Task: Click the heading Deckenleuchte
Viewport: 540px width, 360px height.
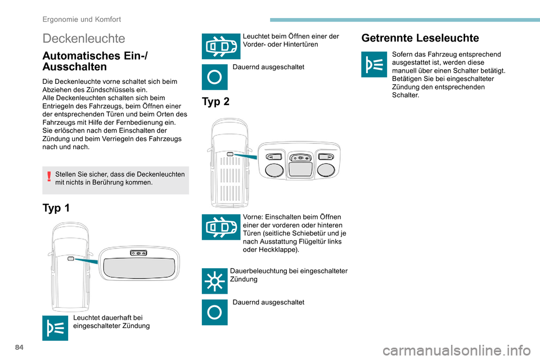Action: (84, 38)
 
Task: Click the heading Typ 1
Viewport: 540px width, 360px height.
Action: (56, 208)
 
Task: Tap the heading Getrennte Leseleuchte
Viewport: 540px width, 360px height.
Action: (420, 38)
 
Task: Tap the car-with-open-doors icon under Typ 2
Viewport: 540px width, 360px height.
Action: (214, 227)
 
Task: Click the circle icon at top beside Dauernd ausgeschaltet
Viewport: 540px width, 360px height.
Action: (214, 76)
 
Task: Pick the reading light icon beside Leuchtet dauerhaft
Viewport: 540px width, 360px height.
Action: (55, 327)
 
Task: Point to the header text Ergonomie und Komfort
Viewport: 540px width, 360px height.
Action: (82, 19)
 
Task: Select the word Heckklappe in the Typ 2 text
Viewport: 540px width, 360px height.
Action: (274, 249)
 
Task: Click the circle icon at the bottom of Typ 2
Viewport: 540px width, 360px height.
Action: (214, 312)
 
